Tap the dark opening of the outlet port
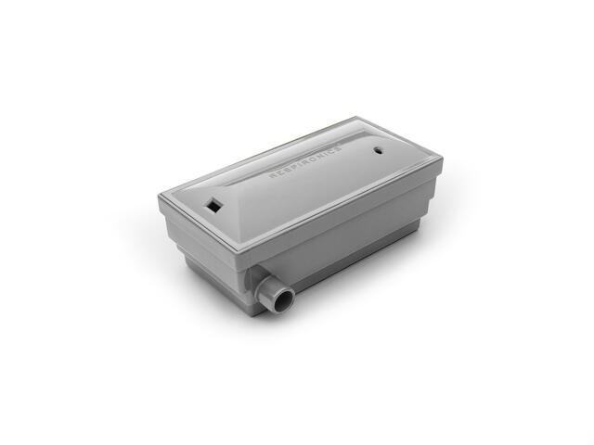[x=284, y=300]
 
